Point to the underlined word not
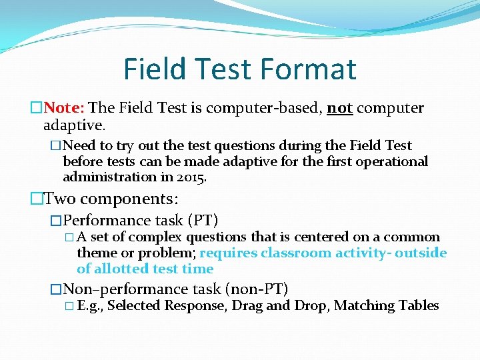pos(340,108)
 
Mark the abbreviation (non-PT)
pos(257,289)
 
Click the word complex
pos(156,237)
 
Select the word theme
pos(95,253)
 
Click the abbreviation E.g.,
pos(90,306)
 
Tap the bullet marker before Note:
pos(36,108)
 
